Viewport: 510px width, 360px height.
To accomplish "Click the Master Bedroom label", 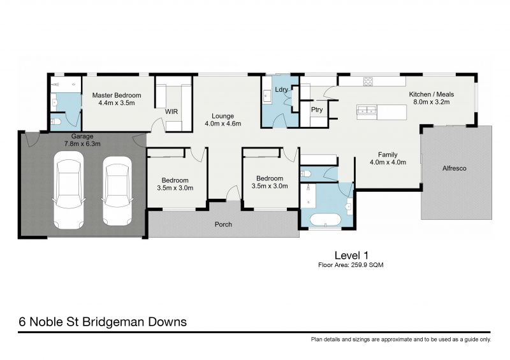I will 117,96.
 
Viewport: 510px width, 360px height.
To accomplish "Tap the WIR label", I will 171,112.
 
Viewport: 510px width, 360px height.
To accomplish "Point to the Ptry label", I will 317,110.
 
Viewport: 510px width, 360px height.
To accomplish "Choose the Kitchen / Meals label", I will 432,94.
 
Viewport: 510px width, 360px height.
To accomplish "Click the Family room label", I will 388,154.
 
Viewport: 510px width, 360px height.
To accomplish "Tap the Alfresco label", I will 456,169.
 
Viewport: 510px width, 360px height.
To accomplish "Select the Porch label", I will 223,224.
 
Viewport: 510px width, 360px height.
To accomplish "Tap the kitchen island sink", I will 367,110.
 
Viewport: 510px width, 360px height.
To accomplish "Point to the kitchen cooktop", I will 368,81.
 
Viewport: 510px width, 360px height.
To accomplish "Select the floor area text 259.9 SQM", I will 351,264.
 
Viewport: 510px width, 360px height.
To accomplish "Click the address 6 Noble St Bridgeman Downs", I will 103,322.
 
